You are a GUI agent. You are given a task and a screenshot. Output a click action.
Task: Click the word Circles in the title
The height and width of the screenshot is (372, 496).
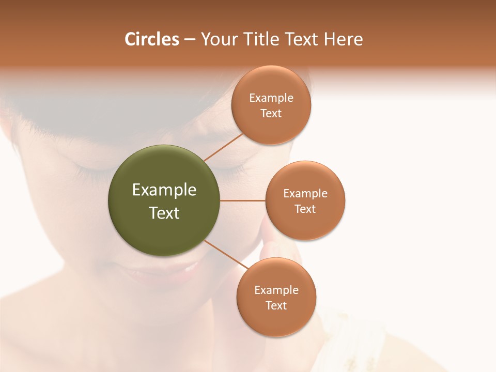(x=152, y=39)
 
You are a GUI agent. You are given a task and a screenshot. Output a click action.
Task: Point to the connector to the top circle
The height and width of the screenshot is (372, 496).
(x=223, y=147)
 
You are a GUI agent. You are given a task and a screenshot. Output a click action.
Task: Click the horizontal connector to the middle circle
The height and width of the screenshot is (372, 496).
(x=243, y=200)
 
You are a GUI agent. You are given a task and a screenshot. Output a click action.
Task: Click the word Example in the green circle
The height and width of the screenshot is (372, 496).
(x=164, y=190)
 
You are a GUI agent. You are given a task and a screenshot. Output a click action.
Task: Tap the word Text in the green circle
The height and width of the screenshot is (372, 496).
(x=164, y=213)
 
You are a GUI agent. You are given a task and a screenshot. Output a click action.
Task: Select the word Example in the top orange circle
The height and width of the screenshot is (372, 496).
(x=271, y=98)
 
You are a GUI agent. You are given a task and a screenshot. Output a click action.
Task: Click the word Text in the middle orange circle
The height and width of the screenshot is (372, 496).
(x=305, y=209)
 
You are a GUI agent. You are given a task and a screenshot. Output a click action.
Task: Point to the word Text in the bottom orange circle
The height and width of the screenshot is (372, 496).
(x=276, y=305)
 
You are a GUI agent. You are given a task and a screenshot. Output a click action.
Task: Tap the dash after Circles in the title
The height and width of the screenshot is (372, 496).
(x=190, y=40)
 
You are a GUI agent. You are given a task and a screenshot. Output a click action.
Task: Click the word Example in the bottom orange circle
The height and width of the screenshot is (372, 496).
(x=276, y=290)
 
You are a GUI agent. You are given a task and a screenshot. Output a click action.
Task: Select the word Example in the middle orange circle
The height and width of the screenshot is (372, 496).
(x=305, y=193)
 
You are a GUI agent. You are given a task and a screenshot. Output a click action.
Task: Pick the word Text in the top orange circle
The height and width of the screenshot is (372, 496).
(x=271, y=113)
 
